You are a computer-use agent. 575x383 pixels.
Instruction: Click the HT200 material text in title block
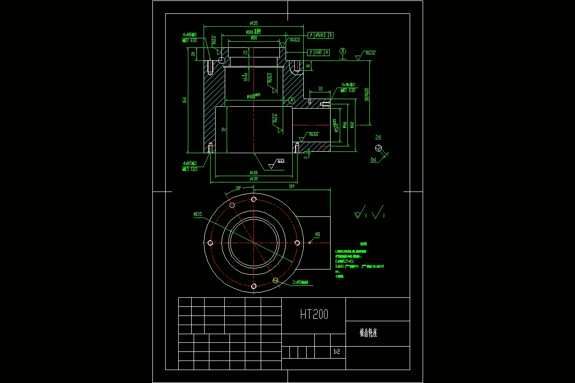coord(314,315)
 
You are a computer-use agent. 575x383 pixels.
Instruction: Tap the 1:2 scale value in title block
coord(336,352)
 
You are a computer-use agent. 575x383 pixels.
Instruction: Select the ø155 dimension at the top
coord(254,23)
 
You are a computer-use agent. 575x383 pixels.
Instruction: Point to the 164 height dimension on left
coord(185,100)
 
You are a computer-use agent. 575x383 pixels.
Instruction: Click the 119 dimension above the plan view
coord(291,186)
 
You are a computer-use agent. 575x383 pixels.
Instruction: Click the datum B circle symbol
coord(343,51)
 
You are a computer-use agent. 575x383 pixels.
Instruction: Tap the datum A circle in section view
coord(292,100)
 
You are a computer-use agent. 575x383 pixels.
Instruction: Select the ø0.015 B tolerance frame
coord(321,35)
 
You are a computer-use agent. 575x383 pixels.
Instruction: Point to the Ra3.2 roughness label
coord(369,53)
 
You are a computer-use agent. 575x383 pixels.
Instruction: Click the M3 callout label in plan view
coord(317,235)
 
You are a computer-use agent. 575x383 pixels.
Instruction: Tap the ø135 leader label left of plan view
coord(198,214)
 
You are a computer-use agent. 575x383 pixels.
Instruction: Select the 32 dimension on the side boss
coord(321,89)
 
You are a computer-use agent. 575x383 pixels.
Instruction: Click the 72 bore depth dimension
coord(223,129)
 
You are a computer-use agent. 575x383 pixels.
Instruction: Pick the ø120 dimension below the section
coord(253,172)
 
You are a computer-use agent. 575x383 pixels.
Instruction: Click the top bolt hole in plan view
coord(254,199)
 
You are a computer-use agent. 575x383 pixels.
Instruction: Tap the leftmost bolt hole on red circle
coord(210,243)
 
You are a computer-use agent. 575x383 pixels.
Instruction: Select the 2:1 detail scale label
coord(379,137)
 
